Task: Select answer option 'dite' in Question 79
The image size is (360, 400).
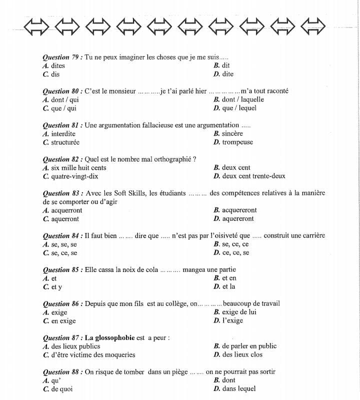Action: click(227, 74)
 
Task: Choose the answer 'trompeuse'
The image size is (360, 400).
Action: click(237, 142)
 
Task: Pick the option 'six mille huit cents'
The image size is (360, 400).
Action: click(78, 167)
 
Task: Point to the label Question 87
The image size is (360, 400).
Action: click(62, 337)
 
